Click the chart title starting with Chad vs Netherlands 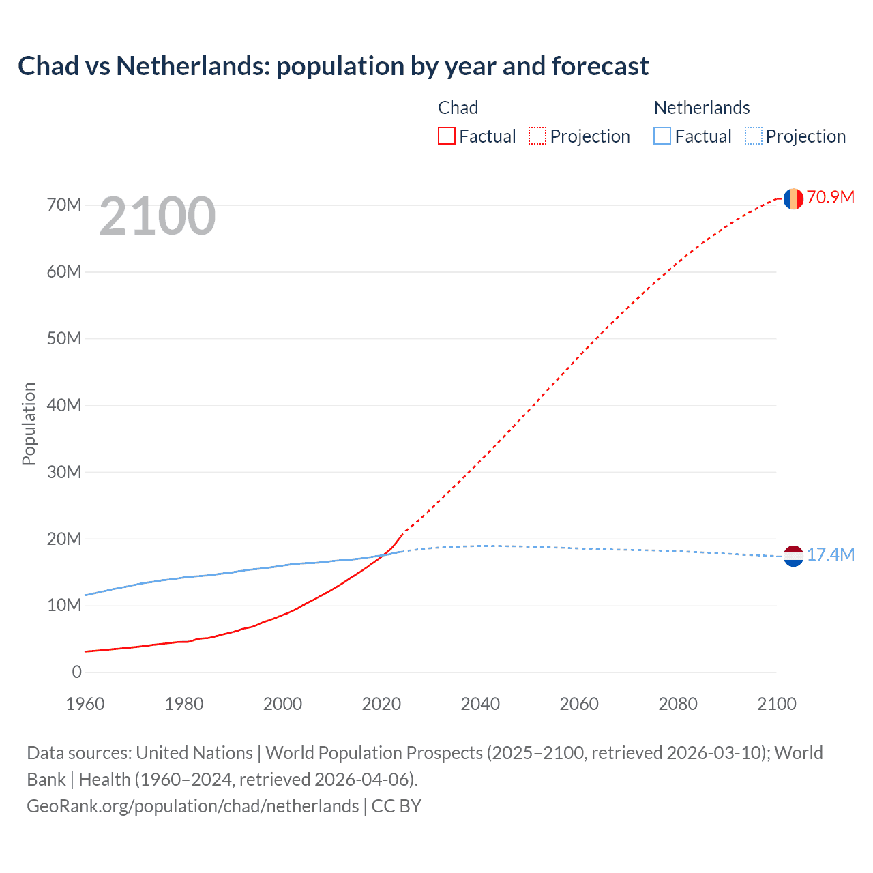point(333,66)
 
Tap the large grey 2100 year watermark point(158,216)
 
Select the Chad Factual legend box point(447,136)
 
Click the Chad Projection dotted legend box point(537,136)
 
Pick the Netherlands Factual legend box point(662,136)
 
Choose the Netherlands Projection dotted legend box point(753,136)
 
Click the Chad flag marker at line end point(793,198)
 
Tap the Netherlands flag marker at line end point(793,557)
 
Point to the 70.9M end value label point(831,198)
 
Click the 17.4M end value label point(831,555)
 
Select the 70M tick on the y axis point(64,205)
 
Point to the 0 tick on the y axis point(76,672)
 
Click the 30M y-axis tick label point(64,472)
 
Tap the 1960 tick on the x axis point(85,704)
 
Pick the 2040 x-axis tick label point(480,704)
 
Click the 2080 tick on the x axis point(678,704)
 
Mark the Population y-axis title point(29,424)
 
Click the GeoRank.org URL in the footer point(192,806)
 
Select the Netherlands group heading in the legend point(702,108)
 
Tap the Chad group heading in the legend point(458,108)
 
